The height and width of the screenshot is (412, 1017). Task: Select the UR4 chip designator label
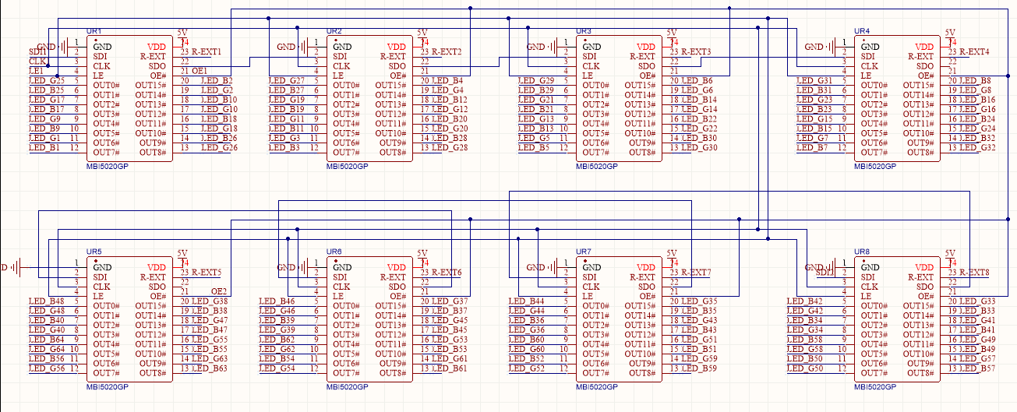click(x=862, y=31)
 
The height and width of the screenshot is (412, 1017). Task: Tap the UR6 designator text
click(x=334, y=252)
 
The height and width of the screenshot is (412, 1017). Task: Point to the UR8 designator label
click(x=863, y=252)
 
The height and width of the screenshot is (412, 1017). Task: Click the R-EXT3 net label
click(x=696, y=52)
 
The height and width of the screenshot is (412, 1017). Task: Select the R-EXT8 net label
click(x=974, y=273)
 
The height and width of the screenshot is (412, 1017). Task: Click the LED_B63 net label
click(x=210, y=368)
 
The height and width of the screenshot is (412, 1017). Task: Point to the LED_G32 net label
click(x=977, y=148)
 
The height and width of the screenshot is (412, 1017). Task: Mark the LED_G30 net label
click(x=699, y=148)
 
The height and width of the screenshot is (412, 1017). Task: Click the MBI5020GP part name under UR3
click(x=597, y=166)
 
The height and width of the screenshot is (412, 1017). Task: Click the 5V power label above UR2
click(x=422, y=33)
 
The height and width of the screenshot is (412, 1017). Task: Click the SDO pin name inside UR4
click(x=924, y=66)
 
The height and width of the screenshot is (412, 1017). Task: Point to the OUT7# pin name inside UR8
click(x=873, y=373)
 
